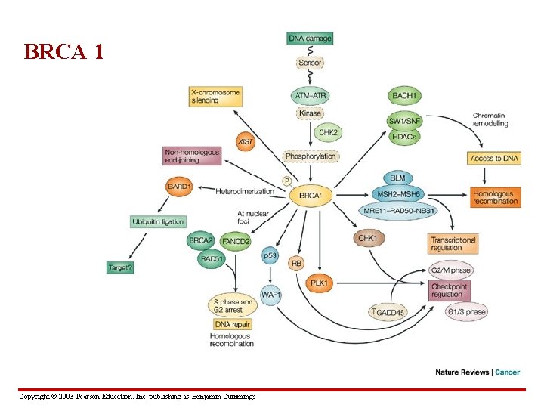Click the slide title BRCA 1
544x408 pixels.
pos(63,52)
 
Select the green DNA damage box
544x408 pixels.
pos(310,39)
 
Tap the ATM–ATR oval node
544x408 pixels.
pos(310,96)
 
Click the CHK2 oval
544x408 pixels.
pos(328,133)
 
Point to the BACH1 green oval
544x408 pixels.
pos(405,96)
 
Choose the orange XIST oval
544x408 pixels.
pos(246,141)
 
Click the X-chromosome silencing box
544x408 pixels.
pos(215,96)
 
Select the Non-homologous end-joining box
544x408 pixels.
pos(193,156)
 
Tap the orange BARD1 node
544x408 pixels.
pos(180,187)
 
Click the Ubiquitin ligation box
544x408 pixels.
pos(157,221)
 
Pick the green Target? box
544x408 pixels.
pos(119,267)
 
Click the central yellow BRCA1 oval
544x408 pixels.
pos(310,196)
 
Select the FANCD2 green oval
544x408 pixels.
pos(236,242)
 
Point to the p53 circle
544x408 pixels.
pos(270,256)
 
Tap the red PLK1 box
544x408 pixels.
pos(319,283)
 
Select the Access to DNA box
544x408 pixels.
pos(495,159)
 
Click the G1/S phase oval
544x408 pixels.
pos(466,311)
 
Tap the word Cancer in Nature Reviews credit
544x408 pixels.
pos(508,372)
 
